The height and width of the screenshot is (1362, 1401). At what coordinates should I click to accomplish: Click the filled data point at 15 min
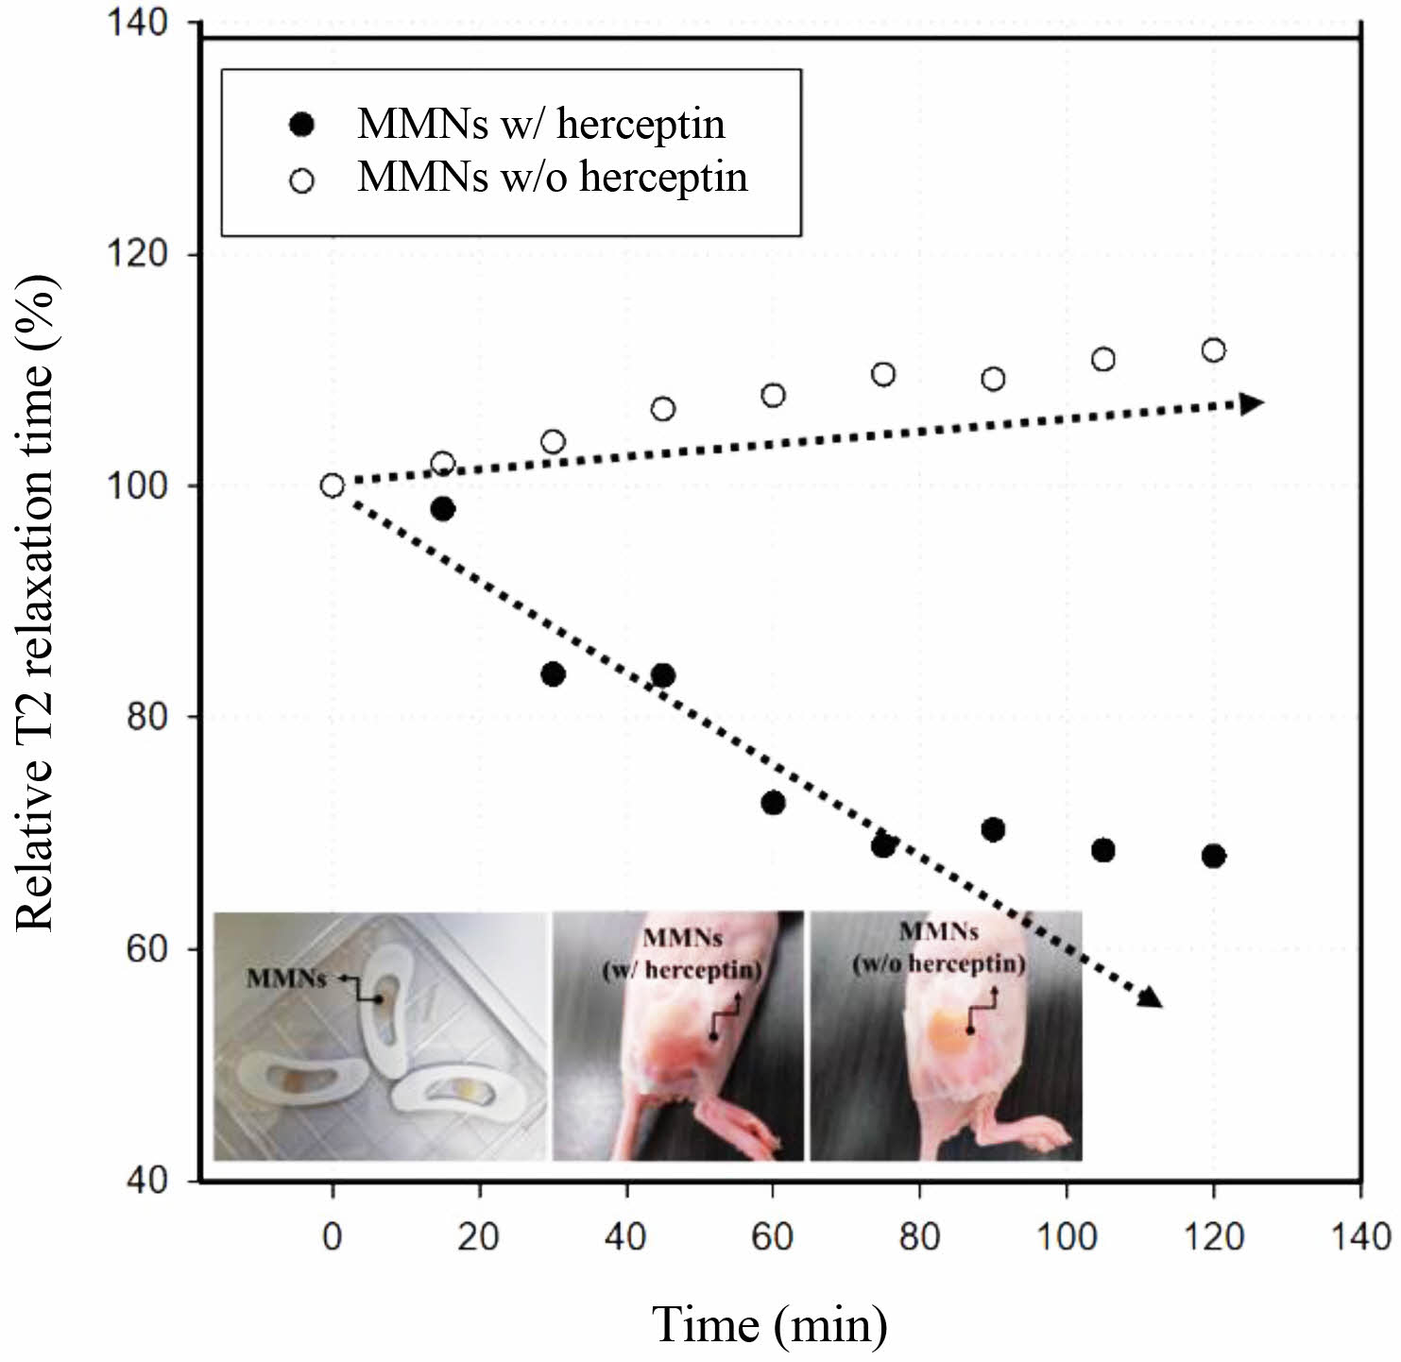442,509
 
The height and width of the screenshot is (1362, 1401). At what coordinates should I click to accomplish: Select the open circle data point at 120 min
1214,350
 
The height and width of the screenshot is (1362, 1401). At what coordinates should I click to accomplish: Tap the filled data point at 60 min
773,803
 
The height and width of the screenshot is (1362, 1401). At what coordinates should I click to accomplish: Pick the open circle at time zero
332,485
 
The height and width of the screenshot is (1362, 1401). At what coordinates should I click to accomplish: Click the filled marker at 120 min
1214,856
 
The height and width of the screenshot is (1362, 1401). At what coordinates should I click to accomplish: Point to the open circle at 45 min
663,409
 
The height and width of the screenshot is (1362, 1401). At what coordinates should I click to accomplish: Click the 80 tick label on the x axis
919,1235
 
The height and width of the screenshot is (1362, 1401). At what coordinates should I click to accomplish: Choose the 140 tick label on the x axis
1359,1235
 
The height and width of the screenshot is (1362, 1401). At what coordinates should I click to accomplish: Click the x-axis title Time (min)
770,1323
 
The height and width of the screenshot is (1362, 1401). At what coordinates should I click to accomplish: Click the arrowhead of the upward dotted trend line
1252,403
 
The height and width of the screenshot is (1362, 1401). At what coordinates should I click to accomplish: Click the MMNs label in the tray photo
286,978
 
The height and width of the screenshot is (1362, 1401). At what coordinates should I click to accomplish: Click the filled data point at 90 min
993,829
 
